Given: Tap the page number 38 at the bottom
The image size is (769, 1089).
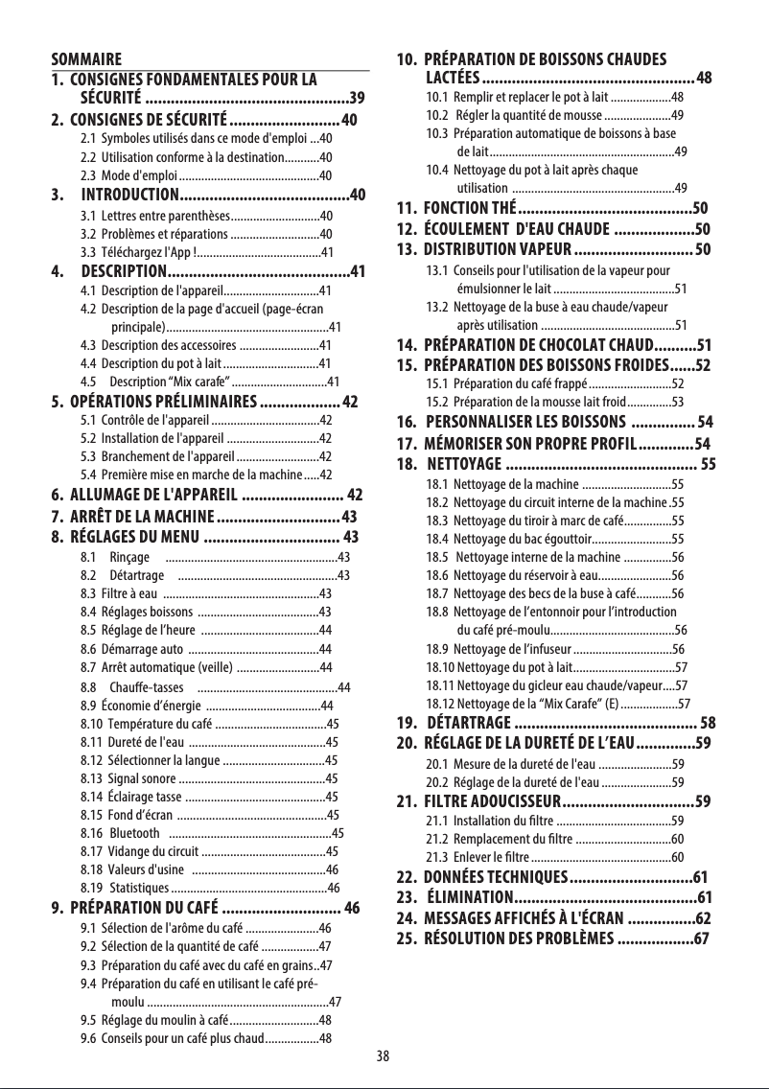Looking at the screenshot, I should (383, 1056).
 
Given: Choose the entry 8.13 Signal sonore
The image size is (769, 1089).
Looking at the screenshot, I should (128, 777).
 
